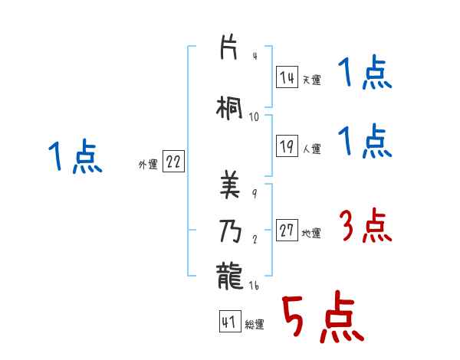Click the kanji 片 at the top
tap(229, 47)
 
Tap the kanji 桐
tap(230, 108)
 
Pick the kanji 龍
tap(229, 275)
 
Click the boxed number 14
tap(287, 77)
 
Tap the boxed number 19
tap(287, 146)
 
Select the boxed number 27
tap(287, 230)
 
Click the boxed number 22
tap(173, 162)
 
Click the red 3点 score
tap(365, 227)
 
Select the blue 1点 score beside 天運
tap(365, 74)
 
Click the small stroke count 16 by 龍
tap(255, 285)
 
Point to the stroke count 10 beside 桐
tap(255, 116)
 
